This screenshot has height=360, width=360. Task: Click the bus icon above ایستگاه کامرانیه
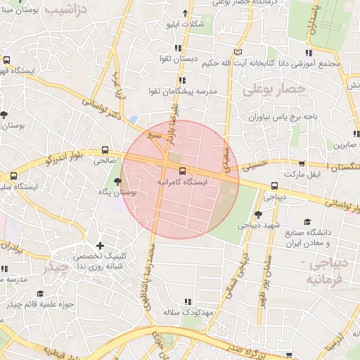click(183, 170)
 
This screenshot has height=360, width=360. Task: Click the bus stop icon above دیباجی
click(274, 186)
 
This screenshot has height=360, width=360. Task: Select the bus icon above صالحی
click(105, 150)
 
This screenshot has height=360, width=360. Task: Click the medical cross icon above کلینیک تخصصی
click(101, 246)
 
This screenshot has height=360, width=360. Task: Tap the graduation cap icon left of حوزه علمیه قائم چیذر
click(40, 293)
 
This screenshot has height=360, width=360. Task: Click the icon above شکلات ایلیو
click(186, 13)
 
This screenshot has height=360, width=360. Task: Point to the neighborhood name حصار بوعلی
click(275, 90)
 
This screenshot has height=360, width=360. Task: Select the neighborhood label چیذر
click(56, 269)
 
